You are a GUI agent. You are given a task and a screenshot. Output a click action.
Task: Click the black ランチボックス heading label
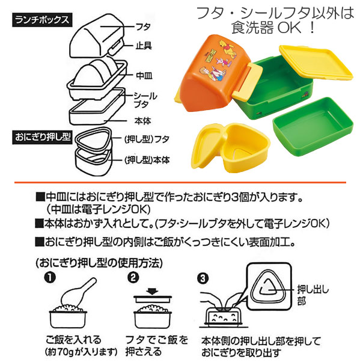(42, 20)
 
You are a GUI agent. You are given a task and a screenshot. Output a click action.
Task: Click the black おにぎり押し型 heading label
(43, 137)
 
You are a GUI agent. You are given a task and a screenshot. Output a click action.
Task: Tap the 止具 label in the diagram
(144, 46)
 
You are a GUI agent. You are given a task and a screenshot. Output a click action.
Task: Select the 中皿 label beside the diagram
(144, 76)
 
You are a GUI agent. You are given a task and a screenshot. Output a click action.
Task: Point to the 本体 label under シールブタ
(142, 121)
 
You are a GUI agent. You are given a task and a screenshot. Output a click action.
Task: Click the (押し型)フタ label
(147, 140)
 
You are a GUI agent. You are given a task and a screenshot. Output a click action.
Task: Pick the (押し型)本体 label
(147, 160)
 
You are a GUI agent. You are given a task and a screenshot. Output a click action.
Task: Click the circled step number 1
(50, 277)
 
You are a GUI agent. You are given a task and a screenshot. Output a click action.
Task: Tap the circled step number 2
(133, 277)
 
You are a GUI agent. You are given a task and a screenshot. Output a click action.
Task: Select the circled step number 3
(203, 278)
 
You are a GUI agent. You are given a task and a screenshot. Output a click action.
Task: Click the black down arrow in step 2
(152, 291)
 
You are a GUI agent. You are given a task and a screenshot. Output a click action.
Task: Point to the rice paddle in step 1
(78, 292)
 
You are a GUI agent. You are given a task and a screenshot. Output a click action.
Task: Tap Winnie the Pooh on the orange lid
(229, 48)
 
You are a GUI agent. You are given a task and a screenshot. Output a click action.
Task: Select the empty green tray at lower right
(313, 126)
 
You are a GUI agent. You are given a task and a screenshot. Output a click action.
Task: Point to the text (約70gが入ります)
(81, 352)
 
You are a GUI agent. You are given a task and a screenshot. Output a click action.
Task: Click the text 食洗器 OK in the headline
(266, 28)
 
